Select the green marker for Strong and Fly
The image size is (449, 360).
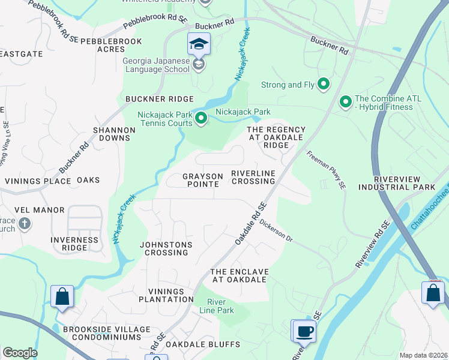[324, 85]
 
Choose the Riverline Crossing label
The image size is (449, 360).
[253, 177]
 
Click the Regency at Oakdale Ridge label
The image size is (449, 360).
[276, 137]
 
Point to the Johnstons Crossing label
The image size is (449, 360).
[166, 248]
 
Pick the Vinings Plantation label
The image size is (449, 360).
[166, 295]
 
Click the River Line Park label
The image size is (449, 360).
[220, 306]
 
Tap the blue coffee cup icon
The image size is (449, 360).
[303, 331]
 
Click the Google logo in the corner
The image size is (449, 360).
[19, 353]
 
